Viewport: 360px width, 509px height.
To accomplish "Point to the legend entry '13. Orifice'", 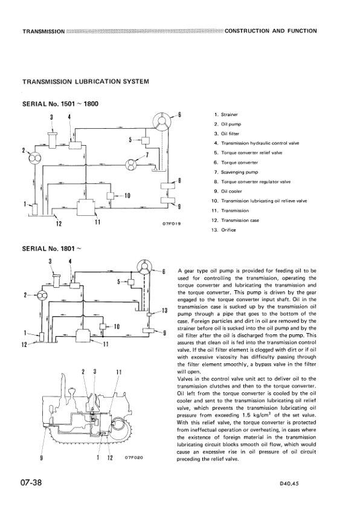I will (225, 230).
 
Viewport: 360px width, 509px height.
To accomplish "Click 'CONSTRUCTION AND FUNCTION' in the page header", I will (270, 30).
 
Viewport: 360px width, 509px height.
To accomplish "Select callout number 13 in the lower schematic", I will (164, 310).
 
